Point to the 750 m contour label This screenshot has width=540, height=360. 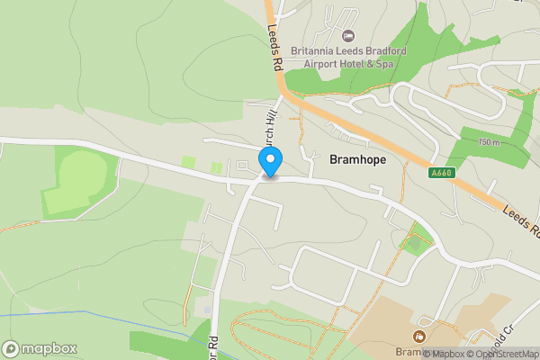coord(489,142)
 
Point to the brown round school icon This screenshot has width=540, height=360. coord(418,337)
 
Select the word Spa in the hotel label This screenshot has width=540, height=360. coord(385,63)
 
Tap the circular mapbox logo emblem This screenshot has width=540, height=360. coord(12,348)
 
